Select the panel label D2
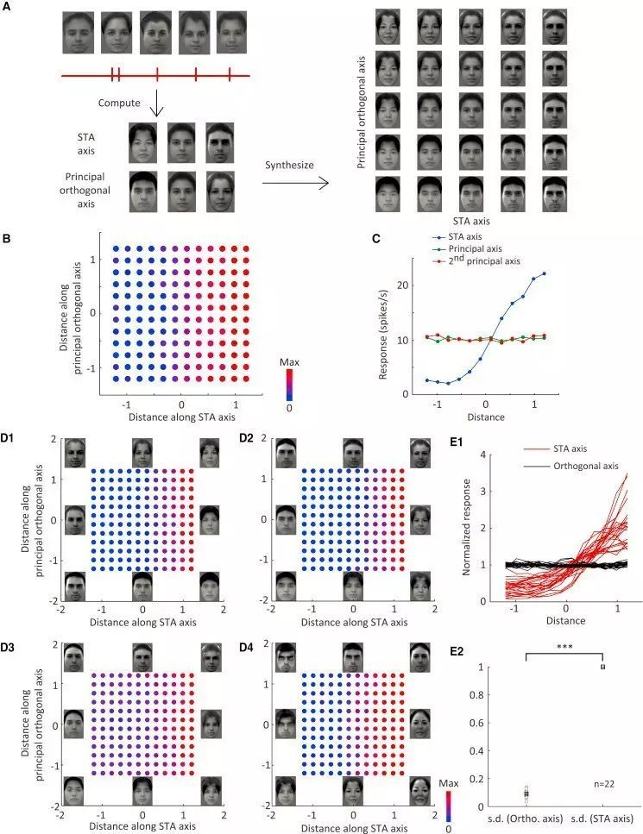249,442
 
